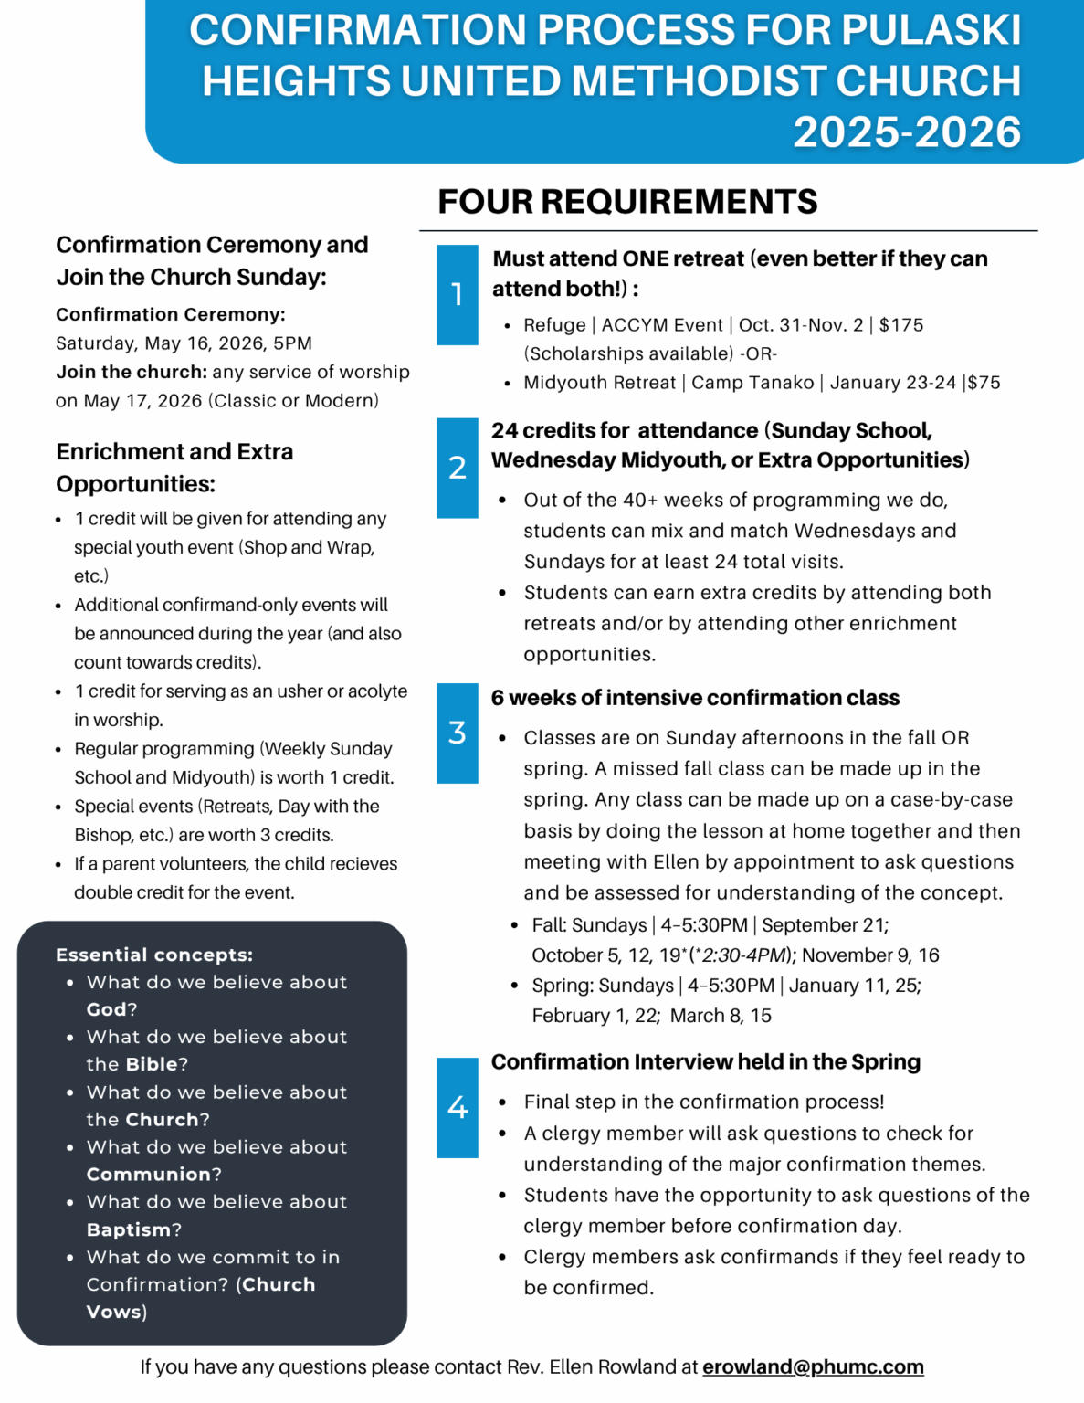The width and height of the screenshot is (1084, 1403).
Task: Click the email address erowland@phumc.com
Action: [x=813, y=1366]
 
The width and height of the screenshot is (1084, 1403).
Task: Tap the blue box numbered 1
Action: [x=458, y=295]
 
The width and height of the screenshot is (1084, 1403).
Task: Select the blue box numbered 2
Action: [x=458, y=468]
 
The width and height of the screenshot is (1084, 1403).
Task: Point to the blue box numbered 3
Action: [x=458, y=733]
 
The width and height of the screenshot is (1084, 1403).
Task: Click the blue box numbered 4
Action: [x=458, y=1108]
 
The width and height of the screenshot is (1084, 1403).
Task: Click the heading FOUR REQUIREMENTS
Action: [x=627, y=202]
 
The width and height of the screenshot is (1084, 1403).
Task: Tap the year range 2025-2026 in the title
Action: [x=907, y=132]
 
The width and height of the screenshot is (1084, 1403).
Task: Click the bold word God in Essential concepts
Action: [x=106, y=1009]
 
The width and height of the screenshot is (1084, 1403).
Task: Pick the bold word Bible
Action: [x=152, y=1064]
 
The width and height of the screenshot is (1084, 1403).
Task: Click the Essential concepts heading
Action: [x=154, y=955]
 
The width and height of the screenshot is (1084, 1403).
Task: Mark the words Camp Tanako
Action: [x=752, y=383]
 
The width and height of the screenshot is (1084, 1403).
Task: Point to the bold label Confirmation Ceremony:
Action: [x=171, y=314]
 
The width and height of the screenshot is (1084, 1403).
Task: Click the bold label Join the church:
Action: [x=132, y=372]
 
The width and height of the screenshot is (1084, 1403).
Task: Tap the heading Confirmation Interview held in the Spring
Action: [x=706, y=1061]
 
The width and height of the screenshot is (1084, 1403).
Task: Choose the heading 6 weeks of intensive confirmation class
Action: [x=695, y=698]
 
